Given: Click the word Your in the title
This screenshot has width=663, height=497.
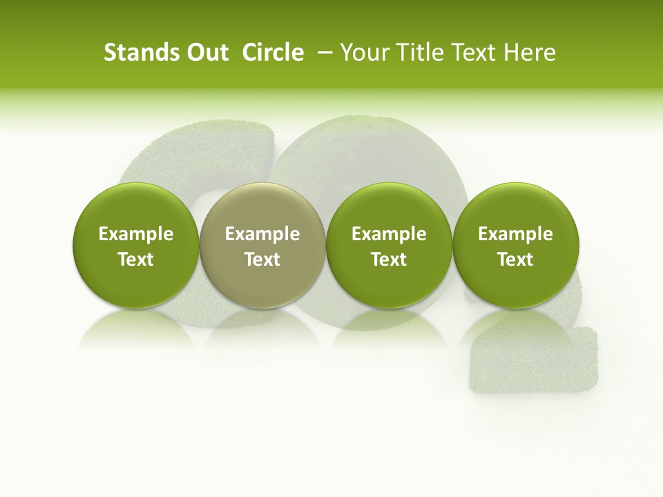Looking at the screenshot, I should coord(361,52).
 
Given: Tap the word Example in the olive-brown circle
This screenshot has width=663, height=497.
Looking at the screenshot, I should coord(262,234).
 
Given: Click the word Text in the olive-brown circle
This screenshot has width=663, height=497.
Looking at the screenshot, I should coord(262,260).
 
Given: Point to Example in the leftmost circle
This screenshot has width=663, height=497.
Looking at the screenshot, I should coord(135,234).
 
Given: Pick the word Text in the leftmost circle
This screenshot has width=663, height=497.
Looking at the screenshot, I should coord(135,260).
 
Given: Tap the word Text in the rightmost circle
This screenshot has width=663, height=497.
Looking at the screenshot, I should coord(515,260).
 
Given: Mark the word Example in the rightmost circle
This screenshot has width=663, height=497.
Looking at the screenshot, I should coord(515,234).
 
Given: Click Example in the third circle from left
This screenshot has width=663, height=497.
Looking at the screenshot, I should coord(389,234).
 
